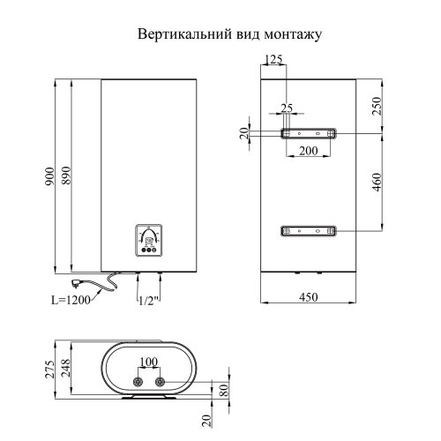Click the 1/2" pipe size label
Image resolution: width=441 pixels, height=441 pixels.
(148, 301)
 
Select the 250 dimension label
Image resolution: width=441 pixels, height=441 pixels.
(377, 106)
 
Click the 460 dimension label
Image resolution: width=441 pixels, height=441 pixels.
(377, 188)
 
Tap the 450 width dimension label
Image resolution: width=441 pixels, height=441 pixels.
(308, 297)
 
